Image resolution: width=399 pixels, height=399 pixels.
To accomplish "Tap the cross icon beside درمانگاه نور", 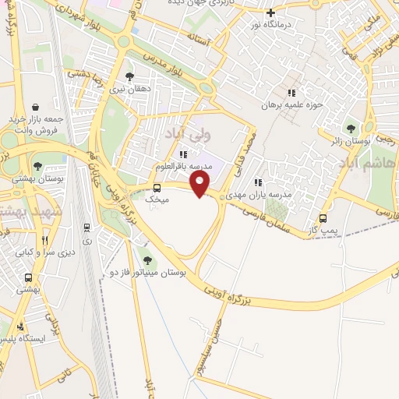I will [x=270, y=12].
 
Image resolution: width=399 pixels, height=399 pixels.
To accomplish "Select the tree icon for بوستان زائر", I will [x=351, y=128].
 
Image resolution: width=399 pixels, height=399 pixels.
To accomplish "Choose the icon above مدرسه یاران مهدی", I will [x=257, y=182].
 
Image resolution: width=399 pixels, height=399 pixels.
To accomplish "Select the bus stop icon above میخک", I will [x=157, y=188].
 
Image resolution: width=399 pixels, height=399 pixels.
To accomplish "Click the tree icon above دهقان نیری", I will [x=129, y=76].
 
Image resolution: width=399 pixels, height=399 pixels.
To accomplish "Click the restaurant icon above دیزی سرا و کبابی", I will [x=44, y=240].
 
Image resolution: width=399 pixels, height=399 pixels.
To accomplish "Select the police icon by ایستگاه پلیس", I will [x=19, y=326].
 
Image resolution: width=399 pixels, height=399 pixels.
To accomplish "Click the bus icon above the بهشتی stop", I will [x=28, y=277].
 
